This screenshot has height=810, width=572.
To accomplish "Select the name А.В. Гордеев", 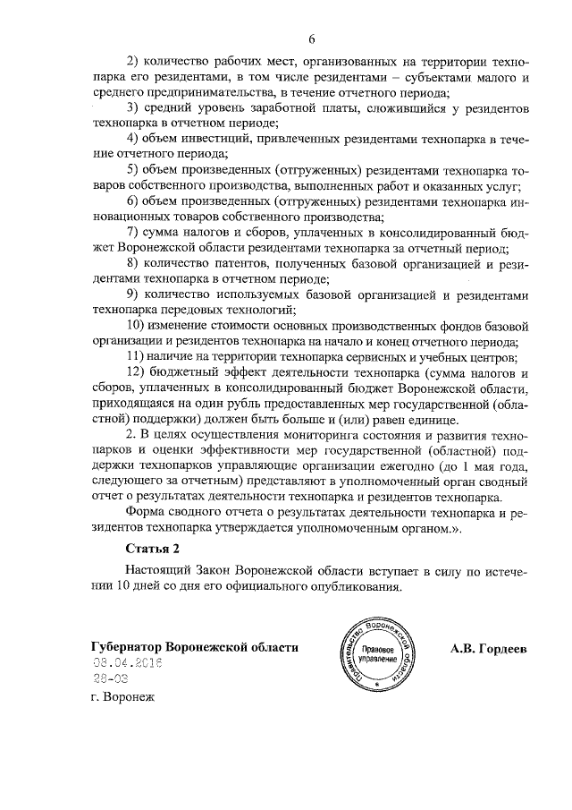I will pos(488,647).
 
